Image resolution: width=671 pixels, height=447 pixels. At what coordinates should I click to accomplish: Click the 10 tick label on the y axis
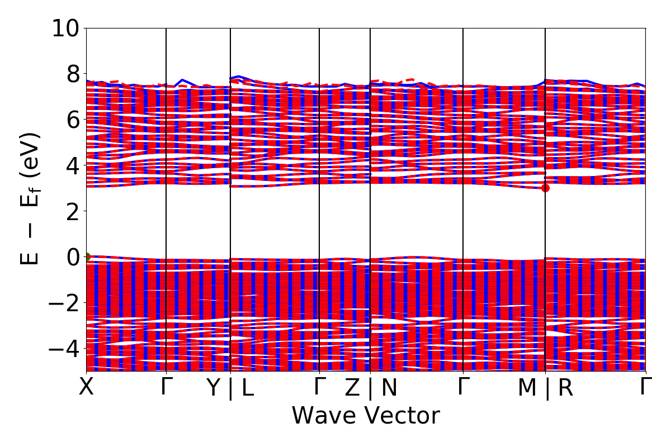(x=65, y=28)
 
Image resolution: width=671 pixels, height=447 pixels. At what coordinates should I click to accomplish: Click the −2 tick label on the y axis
(x=65, y=303)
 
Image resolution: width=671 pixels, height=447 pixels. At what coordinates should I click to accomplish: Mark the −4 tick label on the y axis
(x=65, y=349)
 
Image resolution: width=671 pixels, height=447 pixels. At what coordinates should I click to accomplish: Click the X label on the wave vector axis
(x=86, y=387)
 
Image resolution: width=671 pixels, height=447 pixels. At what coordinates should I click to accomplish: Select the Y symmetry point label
(x=214, y=388)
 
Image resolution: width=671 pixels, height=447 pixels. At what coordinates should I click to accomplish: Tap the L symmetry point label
(x=247, y=388)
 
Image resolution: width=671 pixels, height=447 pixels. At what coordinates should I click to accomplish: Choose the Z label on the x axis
(x=352, y=388)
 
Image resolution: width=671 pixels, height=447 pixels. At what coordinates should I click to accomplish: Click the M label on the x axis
(x=527, y=388)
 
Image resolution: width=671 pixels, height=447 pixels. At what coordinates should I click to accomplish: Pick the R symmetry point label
(x=565, y=388)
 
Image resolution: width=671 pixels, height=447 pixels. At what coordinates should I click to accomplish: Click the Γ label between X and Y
(x=165, y=387)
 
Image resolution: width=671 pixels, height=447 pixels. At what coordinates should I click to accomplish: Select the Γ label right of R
(x=646, y=387)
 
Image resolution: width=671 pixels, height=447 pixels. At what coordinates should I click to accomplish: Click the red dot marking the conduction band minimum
(x=545, y=188)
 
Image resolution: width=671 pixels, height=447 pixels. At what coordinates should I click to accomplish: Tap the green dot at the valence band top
(x=87, y=257)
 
